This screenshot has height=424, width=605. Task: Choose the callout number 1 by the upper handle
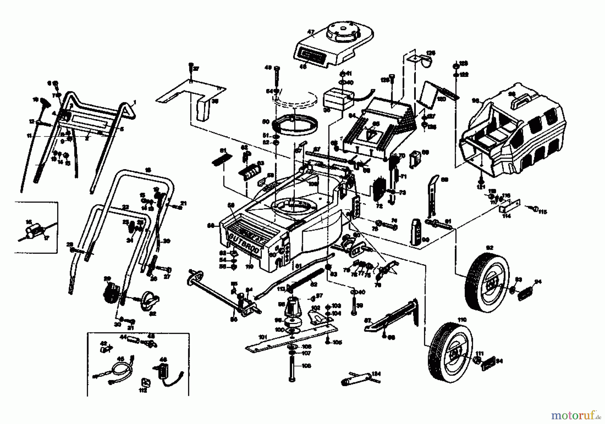point(135,102)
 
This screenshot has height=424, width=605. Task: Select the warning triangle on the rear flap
point(370,136)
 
